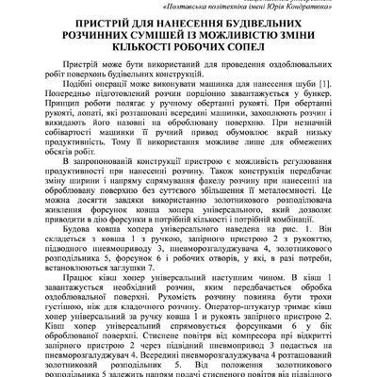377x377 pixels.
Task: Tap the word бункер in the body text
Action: pyautogui.click(x=325, y=124)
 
